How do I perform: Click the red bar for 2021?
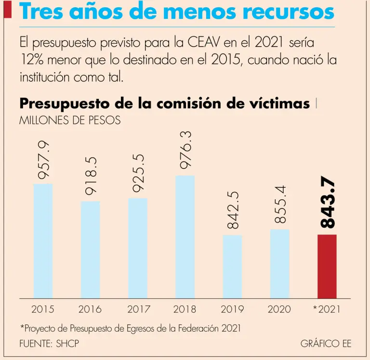pyautogui.click(x=327, y=266)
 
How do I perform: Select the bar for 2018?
pyautogui.click(x=185, y=237)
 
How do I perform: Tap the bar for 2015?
pyautogui.click(x=43, y=241)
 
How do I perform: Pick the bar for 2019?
pyautogui.click(x=232, y=266)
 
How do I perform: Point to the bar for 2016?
pyautogui.click(x=90, y=249)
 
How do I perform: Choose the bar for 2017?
pyautogui.click(x=137, y=248)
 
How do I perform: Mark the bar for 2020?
pyautogui.click(x=279, y=263)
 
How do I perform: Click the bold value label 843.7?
pyautogui.click(x=328, y=202)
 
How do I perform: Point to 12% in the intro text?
pyautogui.click(x=32, y=61)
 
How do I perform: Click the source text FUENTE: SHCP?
pyautogui.click(x=49, y=344)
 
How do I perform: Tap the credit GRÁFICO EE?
pyautogui.click(x=326, y=344)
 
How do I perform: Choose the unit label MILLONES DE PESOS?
pyautogui.click(x=69, y=120)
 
